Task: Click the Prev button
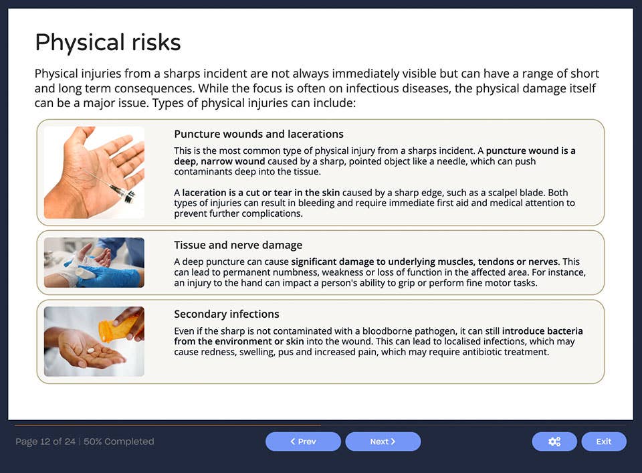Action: [303, 442]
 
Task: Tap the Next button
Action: [383, 442]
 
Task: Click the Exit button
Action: [603, 442]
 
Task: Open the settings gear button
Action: [554, 442]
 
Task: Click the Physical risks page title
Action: [108, 43]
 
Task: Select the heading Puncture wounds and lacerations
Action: [259, 134]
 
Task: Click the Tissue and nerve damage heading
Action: [238, 245]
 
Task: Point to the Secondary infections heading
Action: [227, 314]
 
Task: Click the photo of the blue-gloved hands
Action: [94, 262]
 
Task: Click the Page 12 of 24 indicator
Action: [45, 442]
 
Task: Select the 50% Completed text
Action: [119, 442]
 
